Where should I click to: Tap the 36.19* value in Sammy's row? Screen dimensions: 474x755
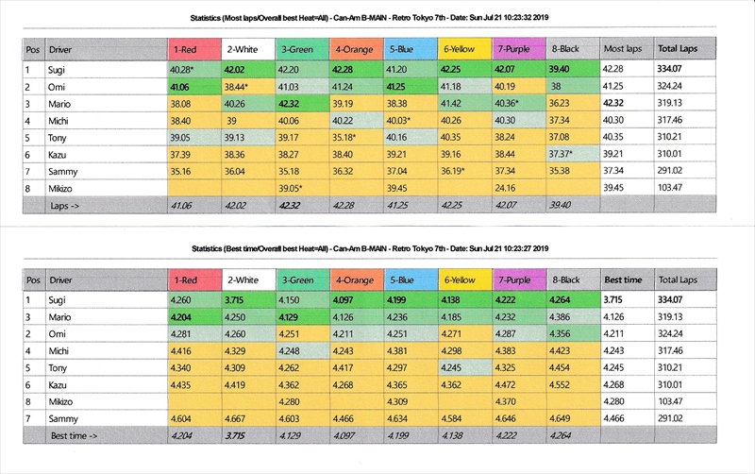coord(463,171)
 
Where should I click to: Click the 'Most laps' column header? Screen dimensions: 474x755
coord(621,48)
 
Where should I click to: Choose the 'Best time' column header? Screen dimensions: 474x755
coord(623,280)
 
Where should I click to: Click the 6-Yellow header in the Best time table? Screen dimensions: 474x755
coord(460,280)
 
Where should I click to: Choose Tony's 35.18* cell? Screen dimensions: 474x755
coord(355,137)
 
